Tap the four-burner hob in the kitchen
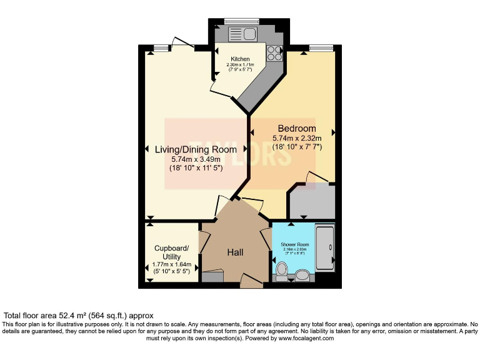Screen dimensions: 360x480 274,54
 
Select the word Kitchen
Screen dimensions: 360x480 239,59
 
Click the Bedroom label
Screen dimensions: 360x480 297,129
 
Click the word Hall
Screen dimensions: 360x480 235,252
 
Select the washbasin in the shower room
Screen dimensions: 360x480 303,275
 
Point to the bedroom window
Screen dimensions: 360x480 320,47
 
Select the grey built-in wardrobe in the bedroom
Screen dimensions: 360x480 311,201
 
